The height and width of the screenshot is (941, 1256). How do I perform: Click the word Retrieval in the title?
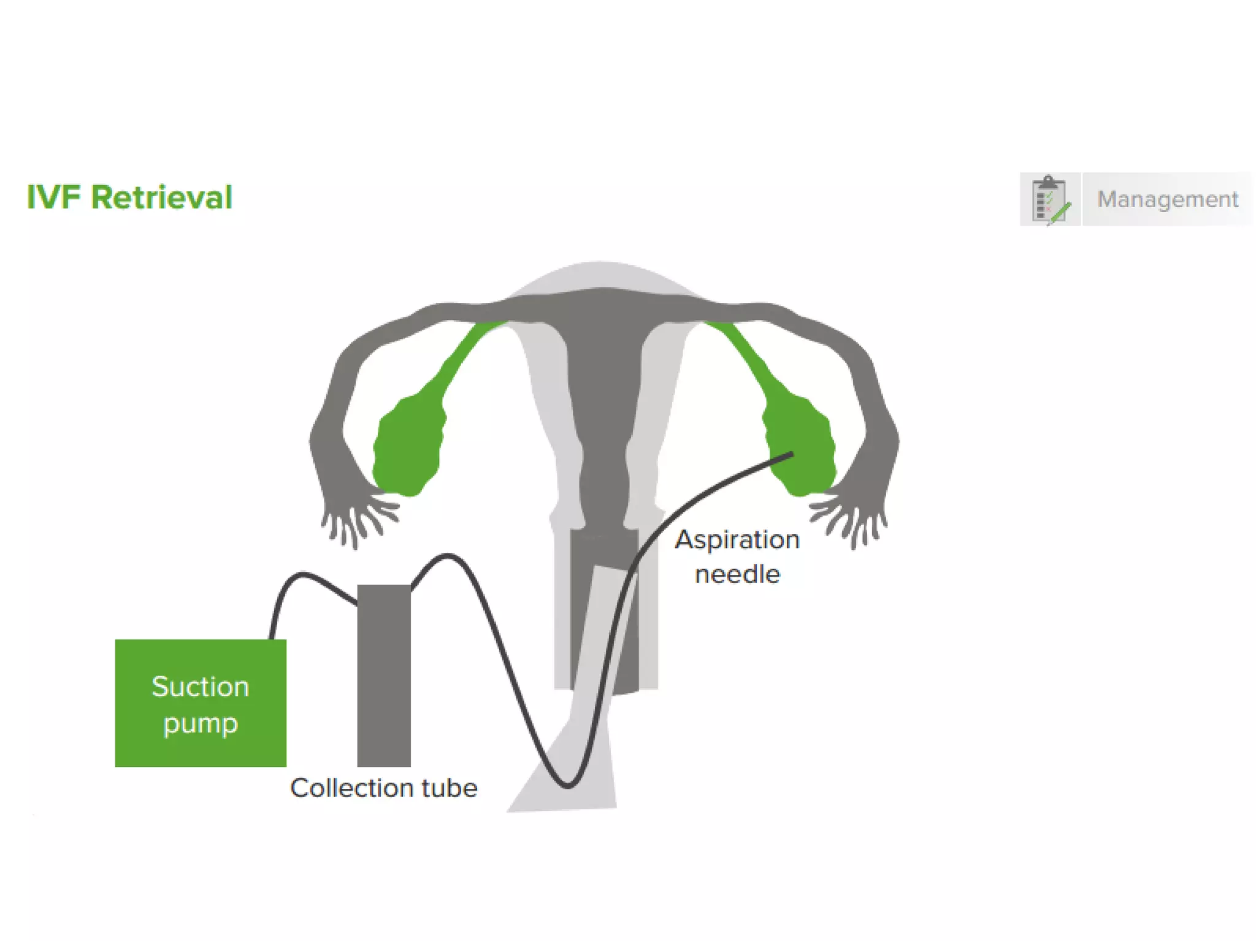pyautogui.click(x=162, y=198)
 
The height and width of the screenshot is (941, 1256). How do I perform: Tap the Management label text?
pyautogui.click(x=1167, y=199)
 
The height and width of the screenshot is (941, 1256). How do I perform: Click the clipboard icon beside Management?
pyautogui.click(x=1050, y=200)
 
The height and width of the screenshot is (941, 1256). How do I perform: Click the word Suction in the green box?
pyautogui.click(x=201, y=687)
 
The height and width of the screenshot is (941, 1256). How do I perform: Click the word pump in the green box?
pyautogui.click(x=201, y=724)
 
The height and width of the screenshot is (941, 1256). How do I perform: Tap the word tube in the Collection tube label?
pyautogui.click(x=449, y=788)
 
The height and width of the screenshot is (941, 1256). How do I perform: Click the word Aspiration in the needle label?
pyautogui.click(x=737, y=540)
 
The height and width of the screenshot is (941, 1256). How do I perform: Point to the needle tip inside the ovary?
pyautogui.click(x=791, y=455)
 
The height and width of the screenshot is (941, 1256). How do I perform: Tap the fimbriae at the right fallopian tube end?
pyautogui.click(x=852, y=518)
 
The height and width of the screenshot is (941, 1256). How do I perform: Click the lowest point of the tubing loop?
pyautogui.click(x=568, y=785)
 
